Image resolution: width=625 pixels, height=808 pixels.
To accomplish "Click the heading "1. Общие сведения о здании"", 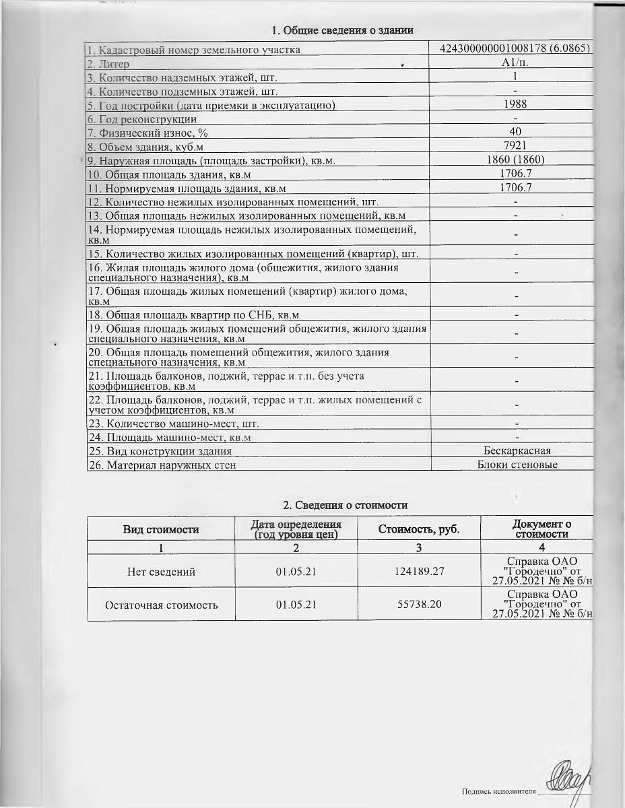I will coord(341,30).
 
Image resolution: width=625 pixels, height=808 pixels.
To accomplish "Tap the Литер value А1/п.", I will coord(515,63).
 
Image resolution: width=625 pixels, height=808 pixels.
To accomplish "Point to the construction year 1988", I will coord(515,104).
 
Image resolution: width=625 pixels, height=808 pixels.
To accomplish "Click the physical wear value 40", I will coord(515,132).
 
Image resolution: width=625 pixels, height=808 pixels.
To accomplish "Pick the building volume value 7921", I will coord(515,145).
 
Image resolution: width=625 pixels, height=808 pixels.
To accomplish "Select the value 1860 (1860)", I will coord(515,160).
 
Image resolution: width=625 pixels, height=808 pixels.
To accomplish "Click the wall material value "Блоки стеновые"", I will coord(517,465).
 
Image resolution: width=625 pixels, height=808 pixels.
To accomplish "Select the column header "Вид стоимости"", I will coord(160,529).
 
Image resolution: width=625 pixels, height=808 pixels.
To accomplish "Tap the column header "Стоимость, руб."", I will coord(418,529).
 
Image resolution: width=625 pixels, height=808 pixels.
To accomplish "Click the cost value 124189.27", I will coord(418,572).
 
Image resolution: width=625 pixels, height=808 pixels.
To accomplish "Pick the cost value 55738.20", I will coord(418,605).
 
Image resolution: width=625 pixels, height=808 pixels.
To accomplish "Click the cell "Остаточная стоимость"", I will coord(161,605).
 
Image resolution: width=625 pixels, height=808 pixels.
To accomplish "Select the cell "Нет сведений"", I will coord(161,572).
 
